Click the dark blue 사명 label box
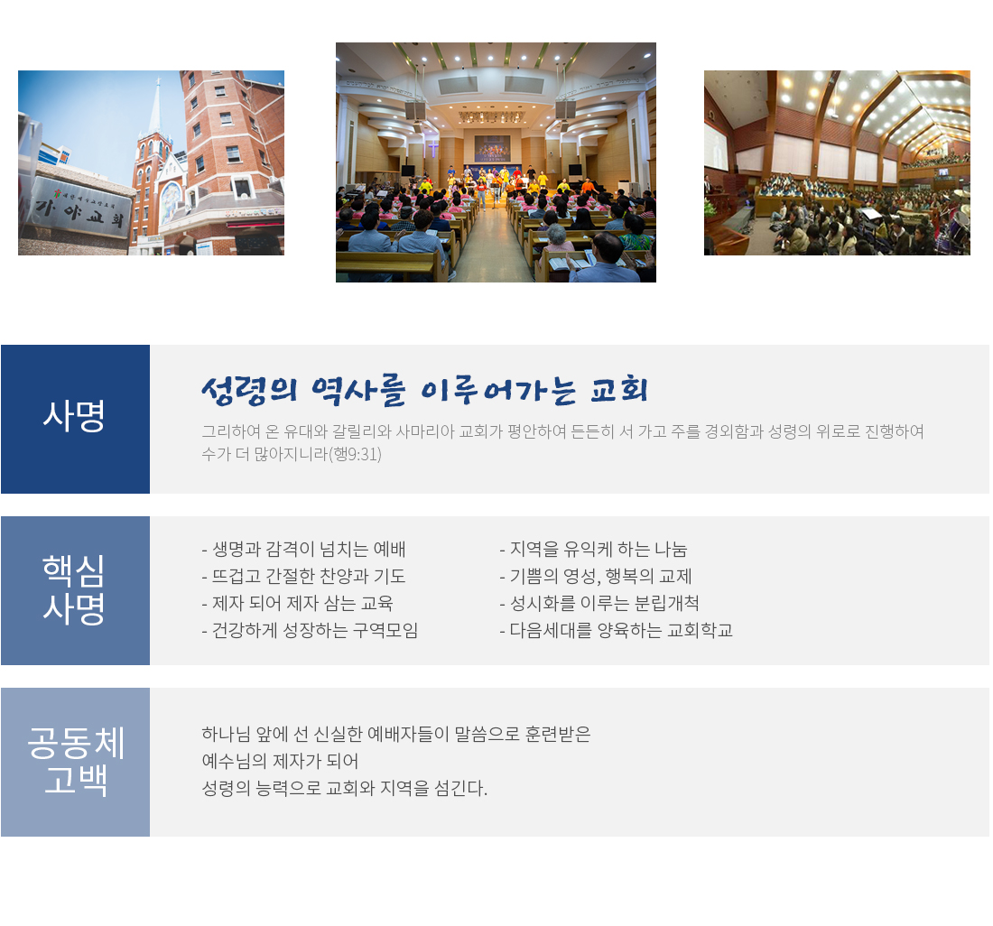click(75, 419)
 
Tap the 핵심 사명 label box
click(75, 590)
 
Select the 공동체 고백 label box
click(75, 762)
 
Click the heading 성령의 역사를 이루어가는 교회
click(425, 390)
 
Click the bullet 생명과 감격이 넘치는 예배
click(303, 550)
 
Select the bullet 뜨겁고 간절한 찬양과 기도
click(303, 577)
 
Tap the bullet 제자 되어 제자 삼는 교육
click(297, 604)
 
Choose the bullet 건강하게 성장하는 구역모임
click(310, 631)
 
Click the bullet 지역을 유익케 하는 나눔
click(593, 550)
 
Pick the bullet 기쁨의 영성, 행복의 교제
click(596, 577)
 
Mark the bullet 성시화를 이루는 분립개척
click(599, 604)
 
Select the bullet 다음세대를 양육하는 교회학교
click(617, 631)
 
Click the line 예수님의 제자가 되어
click(280, 762)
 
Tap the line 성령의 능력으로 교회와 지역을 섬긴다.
click(345, 789)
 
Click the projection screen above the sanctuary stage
click(492, 149)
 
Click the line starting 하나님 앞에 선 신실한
click(395, 735)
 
